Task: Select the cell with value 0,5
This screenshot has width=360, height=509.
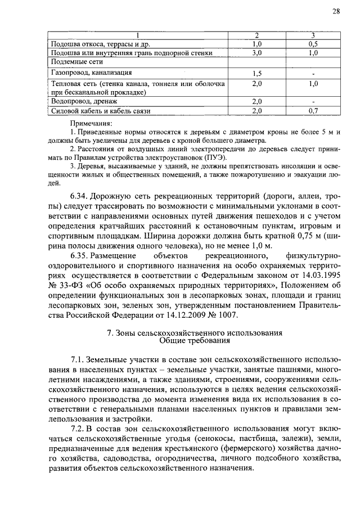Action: click(313, 44)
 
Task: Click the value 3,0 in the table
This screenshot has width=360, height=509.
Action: click(258, 53)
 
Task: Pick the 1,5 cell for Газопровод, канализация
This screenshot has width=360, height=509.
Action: click(258, 73)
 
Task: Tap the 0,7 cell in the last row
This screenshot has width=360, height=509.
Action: click(313, 111)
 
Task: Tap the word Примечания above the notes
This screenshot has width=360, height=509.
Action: click(92, 123)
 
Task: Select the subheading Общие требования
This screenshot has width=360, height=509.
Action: click(195, 340)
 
